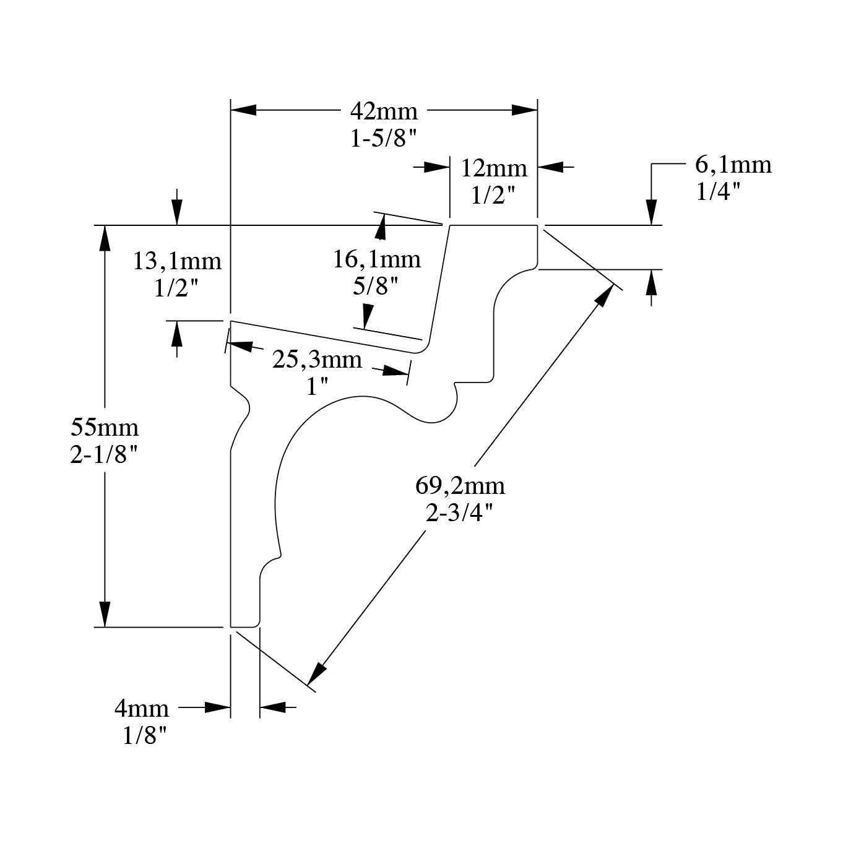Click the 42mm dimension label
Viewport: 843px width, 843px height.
click(384, 111)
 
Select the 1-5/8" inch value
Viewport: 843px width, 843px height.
click(384, 139)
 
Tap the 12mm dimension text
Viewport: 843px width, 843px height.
click(493, 168)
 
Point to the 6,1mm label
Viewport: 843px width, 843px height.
click(733, 165)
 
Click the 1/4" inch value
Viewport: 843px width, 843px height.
click(718, 192)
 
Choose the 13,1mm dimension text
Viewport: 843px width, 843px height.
click(177, 261)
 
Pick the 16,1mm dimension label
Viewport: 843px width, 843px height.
click(376, 259)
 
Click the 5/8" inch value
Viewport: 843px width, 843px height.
click(375, 286)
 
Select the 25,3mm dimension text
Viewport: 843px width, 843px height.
click(317, 359)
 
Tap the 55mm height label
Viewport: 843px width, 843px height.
click(105, 428)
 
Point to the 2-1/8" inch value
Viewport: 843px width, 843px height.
click(103, 456)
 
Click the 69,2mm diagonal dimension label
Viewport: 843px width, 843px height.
click(460, 485)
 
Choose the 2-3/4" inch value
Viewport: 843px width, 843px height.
click(459, 512)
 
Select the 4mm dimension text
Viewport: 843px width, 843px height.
click(141, 708)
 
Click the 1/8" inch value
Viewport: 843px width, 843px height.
click(145, 735)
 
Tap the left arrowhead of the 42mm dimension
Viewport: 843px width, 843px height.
click(243, 110)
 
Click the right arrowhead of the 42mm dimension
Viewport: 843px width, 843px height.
click(524, 110)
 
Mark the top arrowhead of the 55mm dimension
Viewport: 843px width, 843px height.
click(105, 238)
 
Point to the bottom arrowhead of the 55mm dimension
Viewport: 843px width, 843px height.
click(105, 614)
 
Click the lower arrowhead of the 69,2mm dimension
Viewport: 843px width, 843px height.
click(317, 673)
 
